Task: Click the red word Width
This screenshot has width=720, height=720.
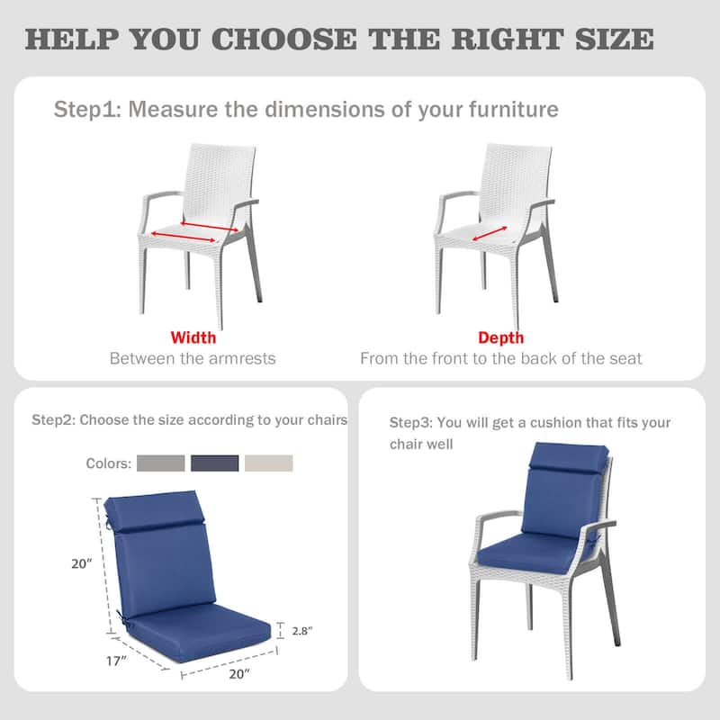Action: coord(193,338)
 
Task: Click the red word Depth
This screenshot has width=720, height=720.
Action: coord(501,338)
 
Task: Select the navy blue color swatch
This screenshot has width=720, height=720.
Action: coord(215,463)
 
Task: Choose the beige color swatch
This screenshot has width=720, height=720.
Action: coord(269,463)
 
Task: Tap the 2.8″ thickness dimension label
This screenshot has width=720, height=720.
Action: coord(301,631)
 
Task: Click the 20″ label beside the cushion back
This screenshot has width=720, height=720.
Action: coord(83,564)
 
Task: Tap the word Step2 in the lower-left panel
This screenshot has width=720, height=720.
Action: coord(54,420)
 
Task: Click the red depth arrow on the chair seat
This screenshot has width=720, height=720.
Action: coord(488,234)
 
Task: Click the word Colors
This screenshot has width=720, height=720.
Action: coord(109,463)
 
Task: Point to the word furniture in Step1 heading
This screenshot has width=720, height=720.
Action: coord(513,110)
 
